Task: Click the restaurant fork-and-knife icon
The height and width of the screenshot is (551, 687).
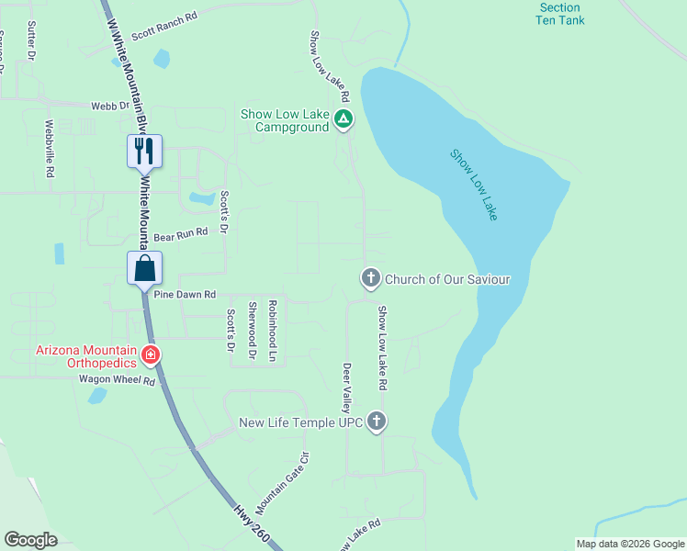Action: point(144,151)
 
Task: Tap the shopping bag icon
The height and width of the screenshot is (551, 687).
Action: point(144,268)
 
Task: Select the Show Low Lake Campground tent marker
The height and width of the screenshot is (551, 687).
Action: point(343,118)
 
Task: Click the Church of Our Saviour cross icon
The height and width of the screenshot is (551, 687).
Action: point(370,278)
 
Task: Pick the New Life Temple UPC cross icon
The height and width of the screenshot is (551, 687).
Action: point(375,422)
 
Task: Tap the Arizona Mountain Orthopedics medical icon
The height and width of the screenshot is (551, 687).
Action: point(151,354)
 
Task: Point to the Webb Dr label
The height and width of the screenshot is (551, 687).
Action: point(110,106)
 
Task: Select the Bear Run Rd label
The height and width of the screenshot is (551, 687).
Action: point(181,235)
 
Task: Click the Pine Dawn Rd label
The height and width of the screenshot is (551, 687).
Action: point(185,295)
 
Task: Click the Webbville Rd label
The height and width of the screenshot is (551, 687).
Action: point(51,146)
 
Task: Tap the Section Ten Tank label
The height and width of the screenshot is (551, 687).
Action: point(559,13)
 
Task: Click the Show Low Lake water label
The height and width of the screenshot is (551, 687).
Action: point(474,184)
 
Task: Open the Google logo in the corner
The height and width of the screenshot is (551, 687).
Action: point(30,540)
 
